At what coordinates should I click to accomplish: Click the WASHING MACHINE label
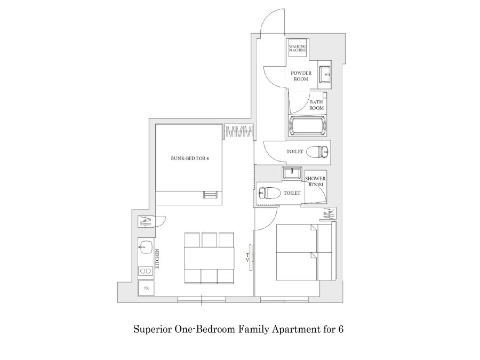pyautogui.click(x=298, y=48)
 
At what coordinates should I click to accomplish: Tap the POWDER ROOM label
pyautogui.click(x=301, y=76)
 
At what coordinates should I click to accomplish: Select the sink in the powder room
pyautogui.click(x=324, y=74)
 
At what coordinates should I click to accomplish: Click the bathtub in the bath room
pyautogui.click(x=307, y=125)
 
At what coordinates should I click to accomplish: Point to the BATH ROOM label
pyautogui.click(x=316, y=105)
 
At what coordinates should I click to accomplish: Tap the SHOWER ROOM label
pyautogui.click(x=315, y=181)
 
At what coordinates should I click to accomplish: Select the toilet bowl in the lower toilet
pyautogui.click(x=269, y=193)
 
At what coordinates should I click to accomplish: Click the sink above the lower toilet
pyautogui.click(x=292, y=173)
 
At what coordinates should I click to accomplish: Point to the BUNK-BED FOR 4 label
pyautogui.click(x=190, y=158)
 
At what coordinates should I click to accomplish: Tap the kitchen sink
pyautogui.click(x=146, y=246)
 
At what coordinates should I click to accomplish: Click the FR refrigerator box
pyautogui.click(x=146, y=288)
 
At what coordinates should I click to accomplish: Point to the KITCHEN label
pyautogui.click(x=157, y=259)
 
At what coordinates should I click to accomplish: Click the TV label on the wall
pyautogui.click(x=247, y=258)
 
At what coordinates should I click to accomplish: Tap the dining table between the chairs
pyautogui.click(x=209, y=258)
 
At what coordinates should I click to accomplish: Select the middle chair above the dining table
pyautogui.click(x=209, y=240)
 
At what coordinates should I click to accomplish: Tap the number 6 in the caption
pyautogui.click(x=340, y=329)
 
